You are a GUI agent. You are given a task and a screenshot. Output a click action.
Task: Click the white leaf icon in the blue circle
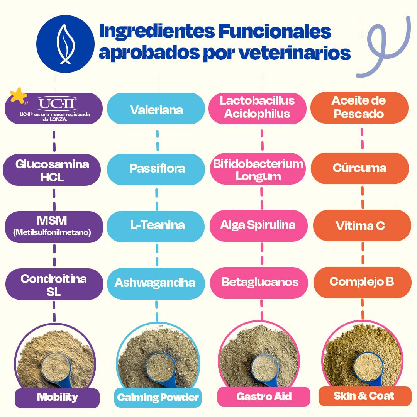[x=65, y=44]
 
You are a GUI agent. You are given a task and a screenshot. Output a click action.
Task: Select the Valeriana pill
[x=156, y=110]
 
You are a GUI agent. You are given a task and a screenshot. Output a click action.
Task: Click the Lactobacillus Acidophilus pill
[x=257, y=107]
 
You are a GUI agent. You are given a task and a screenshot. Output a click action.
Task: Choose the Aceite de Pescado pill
[x=359, y=107]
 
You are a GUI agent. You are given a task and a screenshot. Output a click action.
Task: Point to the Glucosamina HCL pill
[x=52, y=170]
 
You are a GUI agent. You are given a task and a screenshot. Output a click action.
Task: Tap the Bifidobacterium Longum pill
[x=258, y=170]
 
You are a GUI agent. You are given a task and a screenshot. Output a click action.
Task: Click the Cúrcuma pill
[x=359, y=168]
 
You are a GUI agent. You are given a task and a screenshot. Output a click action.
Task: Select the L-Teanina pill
[x=156, y=225]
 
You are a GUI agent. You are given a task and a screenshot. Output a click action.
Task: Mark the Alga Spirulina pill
[x=258, y=225]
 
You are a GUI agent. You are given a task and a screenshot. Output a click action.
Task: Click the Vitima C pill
[x=361, y=225]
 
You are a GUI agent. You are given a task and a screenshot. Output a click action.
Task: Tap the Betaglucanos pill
[x=259, y=282]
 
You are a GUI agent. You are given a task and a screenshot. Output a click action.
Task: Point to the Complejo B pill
[x=362, y=282]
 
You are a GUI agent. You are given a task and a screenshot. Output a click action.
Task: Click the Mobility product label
[x=57, y=397]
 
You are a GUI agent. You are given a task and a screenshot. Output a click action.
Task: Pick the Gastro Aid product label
[x=264, y=397]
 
